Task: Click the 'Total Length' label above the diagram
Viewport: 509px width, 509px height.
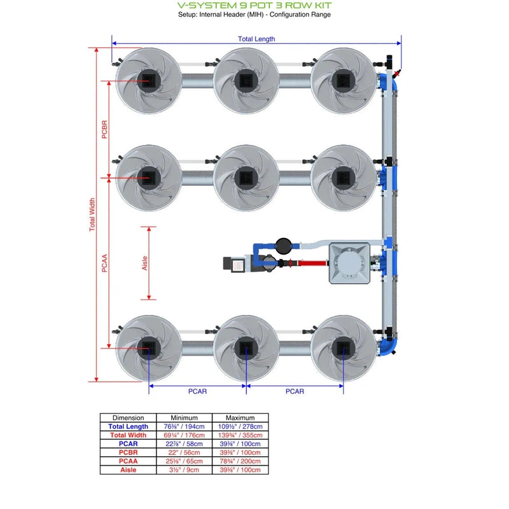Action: pyautogui.click(x=256, y=39)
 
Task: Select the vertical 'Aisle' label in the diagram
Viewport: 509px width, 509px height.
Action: pyautogui.click(x=144, y=263)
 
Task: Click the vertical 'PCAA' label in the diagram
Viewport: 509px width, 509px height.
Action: pyautogui.click(x=105, y=262)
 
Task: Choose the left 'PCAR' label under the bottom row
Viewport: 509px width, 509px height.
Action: pyautogui.click(x=197, y=391)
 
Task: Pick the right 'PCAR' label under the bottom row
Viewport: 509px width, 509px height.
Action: pyautogui.click(x=295, y=391)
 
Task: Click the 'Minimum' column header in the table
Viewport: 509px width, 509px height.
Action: pyautogui.click(x=185, y=418)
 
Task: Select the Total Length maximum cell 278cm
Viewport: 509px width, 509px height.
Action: pyautogui.click(x=240, y=426)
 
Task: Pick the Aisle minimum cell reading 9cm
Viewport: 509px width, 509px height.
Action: pyautogui.click(x=185, y=470)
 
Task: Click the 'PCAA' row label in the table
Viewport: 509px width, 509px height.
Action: pyautogui.click(x=128, y=461)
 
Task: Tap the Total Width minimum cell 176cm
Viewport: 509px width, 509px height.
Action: pyautogui.click(x=185, y=435)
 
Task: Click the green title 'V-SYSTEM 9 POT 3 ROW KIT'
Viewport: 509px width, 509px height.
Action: pyautogui.click(x=254, y=5)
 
